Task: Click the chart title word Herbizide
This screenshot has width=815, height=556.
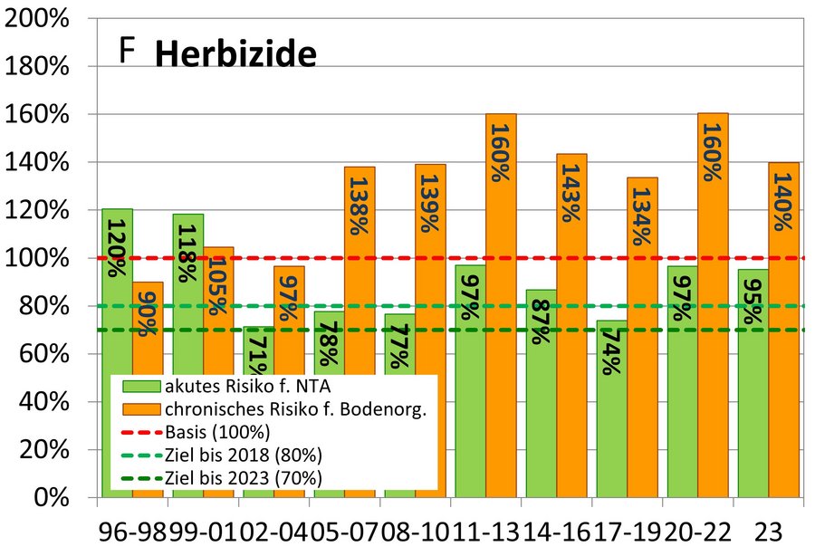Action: pyautogui.click(x=235, y=56)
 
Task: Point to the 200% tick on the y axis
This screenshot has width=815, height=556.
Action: pyautogui.click(x=45, y=20)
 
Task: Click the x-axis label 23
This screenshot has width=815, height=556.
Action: pyautogui.click(x=769, y=532)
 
